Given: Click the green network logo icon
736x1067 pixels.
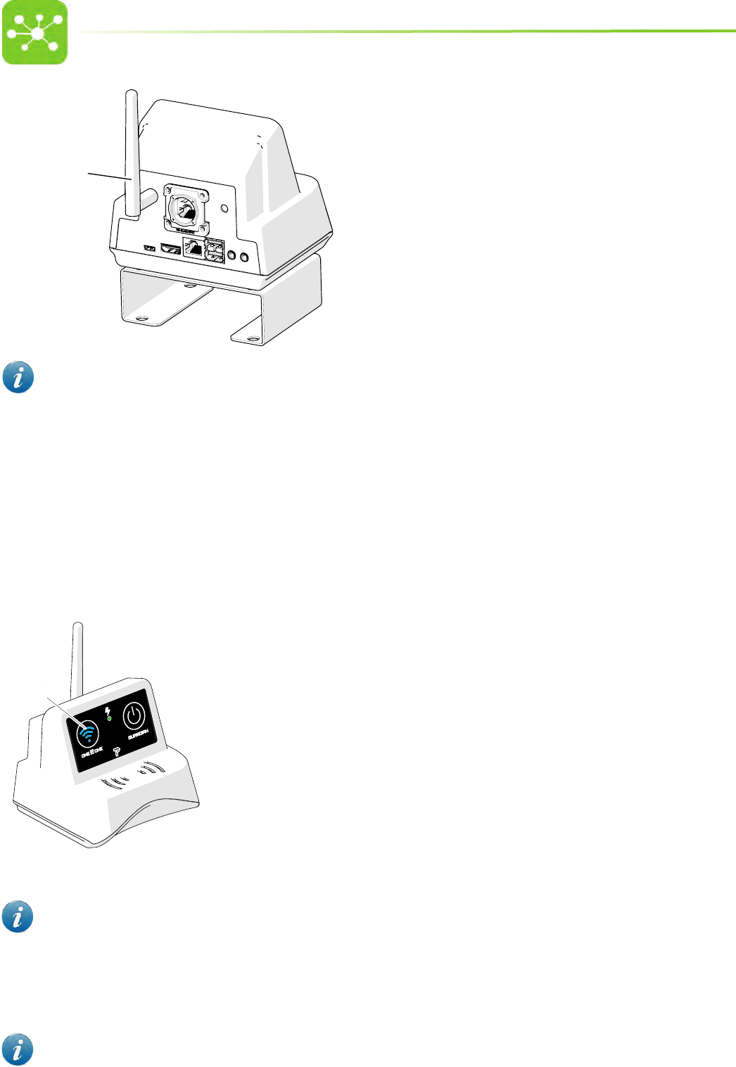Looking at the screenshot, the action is pyautogui.click(x=34, y=32).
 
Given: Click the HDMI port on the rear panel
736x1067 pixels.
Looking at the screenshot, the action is pyautogui.click(x=170, y=249).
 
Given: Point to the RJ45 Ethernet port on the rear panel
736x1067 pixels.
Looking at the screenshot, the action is pyautogui.click(x=193, y=249).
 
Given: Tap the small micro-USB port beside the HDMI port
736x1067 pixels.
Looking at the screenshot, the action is pyautogui.click(x=149, y=248).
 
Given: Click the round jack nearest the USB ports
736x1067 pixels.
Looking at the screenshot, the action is pyautogui.click(x=233, y=257).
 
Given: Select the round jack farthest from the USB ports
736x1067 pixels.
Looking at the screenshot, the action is pyautogui.click(x=245, y=257).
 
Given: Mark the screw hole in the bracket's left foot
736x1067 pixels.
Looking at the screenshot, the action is pyautogui.click(x=141, y=319).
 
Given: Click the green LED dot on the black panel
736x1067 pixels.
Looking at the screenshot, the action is pyautogui.click(x=110, y=719).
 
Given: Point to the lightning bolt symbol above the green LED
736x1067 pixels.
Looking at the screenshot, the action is pyautogui.click(x=108, y=710).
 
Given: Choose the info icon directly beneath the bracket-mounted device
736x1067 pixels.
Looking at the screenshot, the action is pyautogui.click(x=18, y=378).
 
